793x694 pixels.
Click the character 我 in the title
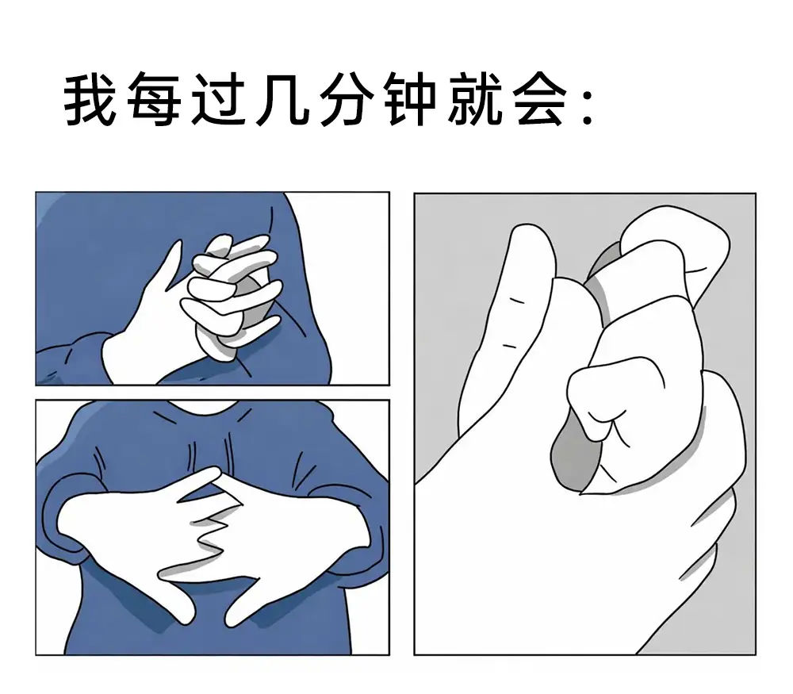(x=90, y=100)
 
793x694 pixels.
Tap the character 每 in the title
(x=154, y=100)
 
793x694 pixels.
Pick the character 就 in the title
(x=474, y=100)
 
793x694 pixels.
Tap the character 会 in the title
(x=539, y=100)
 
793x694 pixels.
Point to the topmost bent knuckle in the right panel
(x=675, y=238)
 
